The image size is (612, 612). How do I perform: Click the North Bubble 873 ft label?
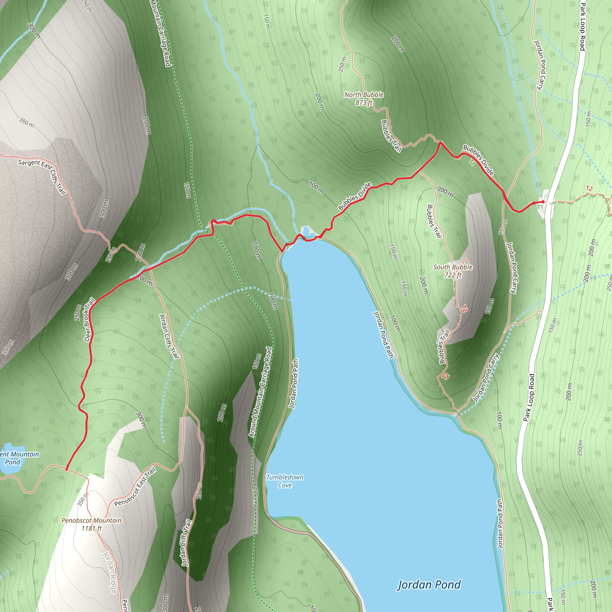click(x=364, y=99)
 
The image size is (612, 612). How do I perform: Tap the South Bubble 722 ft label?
click(x=453, y=271)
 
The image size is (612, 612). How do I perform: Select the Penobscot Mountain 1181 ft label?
click(x=91, y=524)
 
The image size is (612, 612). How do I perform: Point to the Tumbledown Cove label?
click(x=285, y=481)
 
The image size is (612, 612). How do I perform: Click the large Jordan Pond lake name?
click(x=429, y=585)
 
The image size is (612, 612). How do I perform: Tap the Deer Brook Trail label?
click(x=89, y=319)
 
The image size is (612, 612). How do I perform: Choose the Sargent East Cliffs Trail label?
click(x=42, y=176)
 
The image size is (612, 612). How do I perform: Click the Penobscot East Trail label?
click(x=135, y=486)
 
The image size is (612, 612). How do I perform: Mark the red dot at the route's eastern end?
click(x=543, y=202)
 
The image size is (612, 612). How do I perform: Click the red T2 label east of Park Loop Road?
click(x=589, y=189)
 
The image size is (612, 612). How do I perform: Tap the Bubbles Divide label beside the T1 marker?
click(x=478, y=160)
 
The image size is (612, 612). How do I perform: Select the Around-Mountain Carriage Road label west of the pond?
click(x=261, y=392)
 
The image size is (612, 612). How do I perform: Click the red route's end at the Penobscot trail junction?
click(x=66, y=470)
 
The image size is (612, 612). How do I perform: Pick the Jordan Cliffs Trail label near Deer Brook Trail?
click(x=169, y=336)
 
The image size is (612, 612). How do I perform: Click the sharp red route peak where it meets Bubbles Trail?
click(x=440, y=142)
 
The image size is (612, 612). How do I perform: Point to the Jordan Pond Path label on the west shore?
click(x=294, y=383)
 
